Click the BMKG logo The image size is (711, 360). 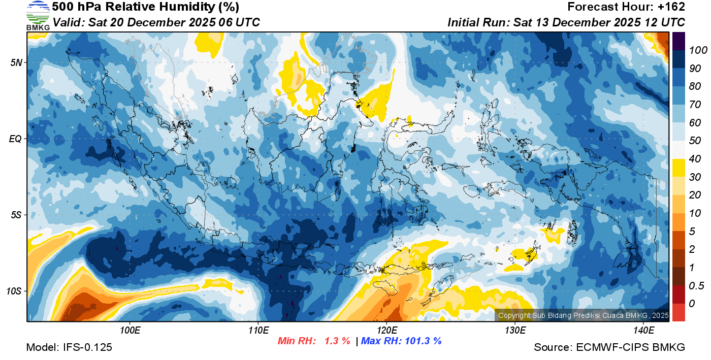[38, 15]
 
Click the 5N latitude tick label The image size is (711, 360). [17, 63]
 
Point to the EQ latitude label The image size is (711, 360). [16, 139]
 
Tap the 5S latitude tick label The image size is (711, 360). [17, 215]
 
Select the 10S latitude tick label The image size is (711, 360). [15, 291]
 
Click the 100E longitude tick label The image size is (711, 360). [130, 331]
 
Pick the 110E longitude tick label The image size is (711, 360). [258, 331]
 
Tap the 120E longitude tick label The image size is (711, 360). [386, 331]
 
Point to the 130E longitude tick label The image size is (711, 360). [515, 331]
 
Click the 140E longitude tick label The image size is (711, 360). [643, 331]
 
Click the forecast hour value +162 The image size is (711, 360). [672, 7]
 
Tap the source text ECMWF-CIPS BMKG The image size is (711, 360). [630, 347]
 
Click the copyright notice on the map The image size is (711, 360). [583, 315]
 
